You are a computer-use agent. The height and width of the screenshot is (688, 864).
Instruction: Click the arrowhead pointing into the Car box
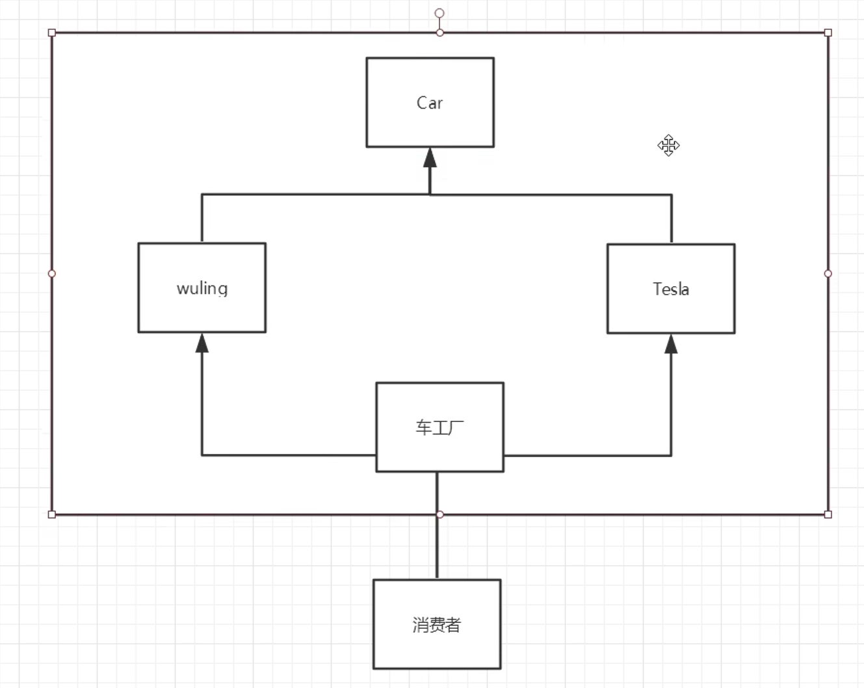[430, 157]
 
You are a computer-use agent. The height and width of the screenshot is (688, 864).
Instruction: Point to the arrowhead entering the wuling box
[202, 343]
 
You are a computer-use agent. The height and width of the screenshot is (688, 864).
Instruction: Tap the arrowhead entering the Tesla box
[671, 343]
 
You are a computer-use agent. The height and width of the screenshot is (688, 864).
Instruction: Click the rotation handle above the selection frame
[439, 13]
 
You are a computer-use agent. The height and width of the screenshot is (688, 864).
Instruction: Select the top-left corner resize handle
[52, 33]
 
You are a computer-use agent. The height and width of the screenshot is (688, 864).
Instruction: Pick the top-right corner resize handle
[828, 33]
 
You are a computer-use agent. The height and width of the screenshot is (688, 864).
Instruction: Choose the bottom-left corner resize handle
[52, 514]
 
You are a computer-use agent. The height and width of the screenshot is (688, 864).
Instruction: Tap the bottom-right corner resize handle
[828, 514]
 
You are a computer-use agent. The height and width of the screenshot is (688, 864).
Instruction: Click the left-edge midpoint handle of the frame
[52, 274]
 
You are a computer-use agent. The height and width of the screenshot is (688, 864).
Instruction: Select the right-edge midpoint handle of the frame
[828, 274]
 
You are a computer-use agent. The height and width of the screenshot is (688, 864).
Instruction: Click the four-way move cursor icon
[668, 145]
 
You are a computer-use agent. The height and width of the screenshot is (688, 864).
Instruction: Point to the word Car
[430, 103]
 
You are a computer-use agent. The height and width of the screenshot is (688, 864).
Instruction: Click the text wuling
[202, 288]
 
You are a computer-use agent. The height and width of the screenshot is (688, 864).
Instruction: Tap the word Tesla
[671, 289]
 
